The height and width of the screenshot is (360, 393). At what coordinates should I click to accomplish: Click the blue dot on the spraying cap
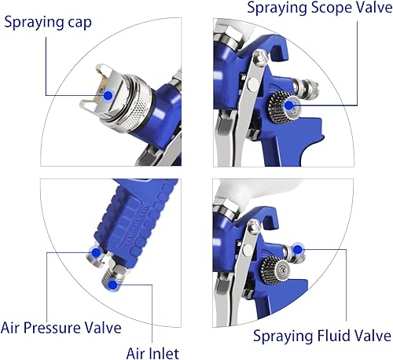pyautogui.click(x=105, y=93)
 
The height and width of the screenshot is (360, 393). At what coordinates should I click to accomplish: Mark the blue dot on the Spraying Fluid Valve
pyautogui.click(x=300, y=251)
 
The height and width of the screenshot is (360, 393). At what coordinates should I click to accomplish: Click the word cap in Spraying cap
pyautogui.click(x=73, y=21)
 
